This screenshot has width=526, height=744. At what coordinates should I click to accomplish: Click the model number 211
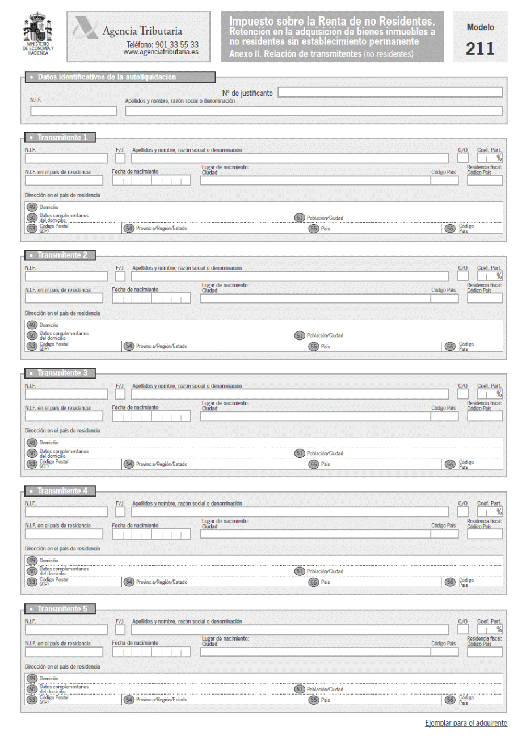(x=479, y=49)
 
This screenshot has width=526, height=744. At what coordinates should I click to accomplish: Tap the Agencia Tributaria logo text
(x=142, y=31)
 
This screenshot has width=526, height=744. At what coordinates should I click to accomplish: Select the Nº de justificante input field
(x=390, y=93)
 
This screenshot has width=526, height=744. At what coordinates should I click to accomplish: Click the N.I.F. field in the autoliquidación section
(x=73, y=111)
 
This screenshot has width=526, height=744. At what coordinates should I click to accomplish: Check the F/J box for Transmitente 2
(x=120, y=276)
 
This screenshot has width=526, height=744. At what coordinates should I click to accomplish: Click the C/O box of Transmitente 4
(x=462, y=512)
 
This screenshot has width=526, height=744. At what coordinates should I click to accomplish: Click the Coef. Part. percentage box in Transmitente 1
(x=489, y=158)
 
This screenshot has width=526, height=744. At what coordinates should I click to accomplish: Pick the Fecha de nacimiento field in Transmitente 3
(x=151, y=417)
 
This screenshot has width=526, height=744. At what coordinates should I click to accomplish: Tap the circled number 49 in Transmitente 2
(x=32, y=325)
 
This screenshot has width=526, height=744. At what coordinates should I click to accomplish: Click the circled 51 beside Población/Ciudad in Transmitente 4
(x=300, y=571)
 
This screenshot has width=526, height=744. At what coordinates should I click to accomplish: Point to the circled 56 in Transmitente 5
(x=450, y=700)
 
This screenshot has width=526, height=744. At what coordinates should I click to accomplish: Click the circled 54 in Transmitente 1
(x=129, y=229)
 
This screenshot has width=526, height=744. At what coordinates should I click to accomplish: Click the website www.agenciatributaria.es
(x=161, y=52)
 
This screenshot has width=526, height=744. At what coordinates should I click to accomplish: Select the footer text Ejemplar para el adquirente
(x=466, y=723)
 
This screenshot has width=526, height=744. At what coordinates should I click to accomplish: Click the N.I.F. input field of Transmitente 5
(x=66, y=630)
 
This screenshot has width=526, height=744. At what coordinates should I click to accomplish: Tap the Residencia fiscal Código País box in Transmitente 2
(x=485, y=298)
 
